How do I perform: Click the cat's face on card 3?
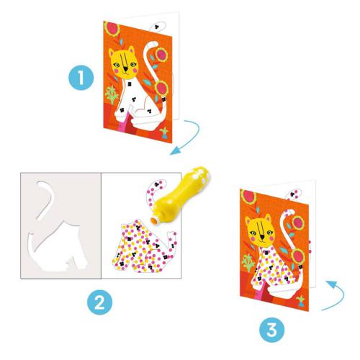260,228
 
